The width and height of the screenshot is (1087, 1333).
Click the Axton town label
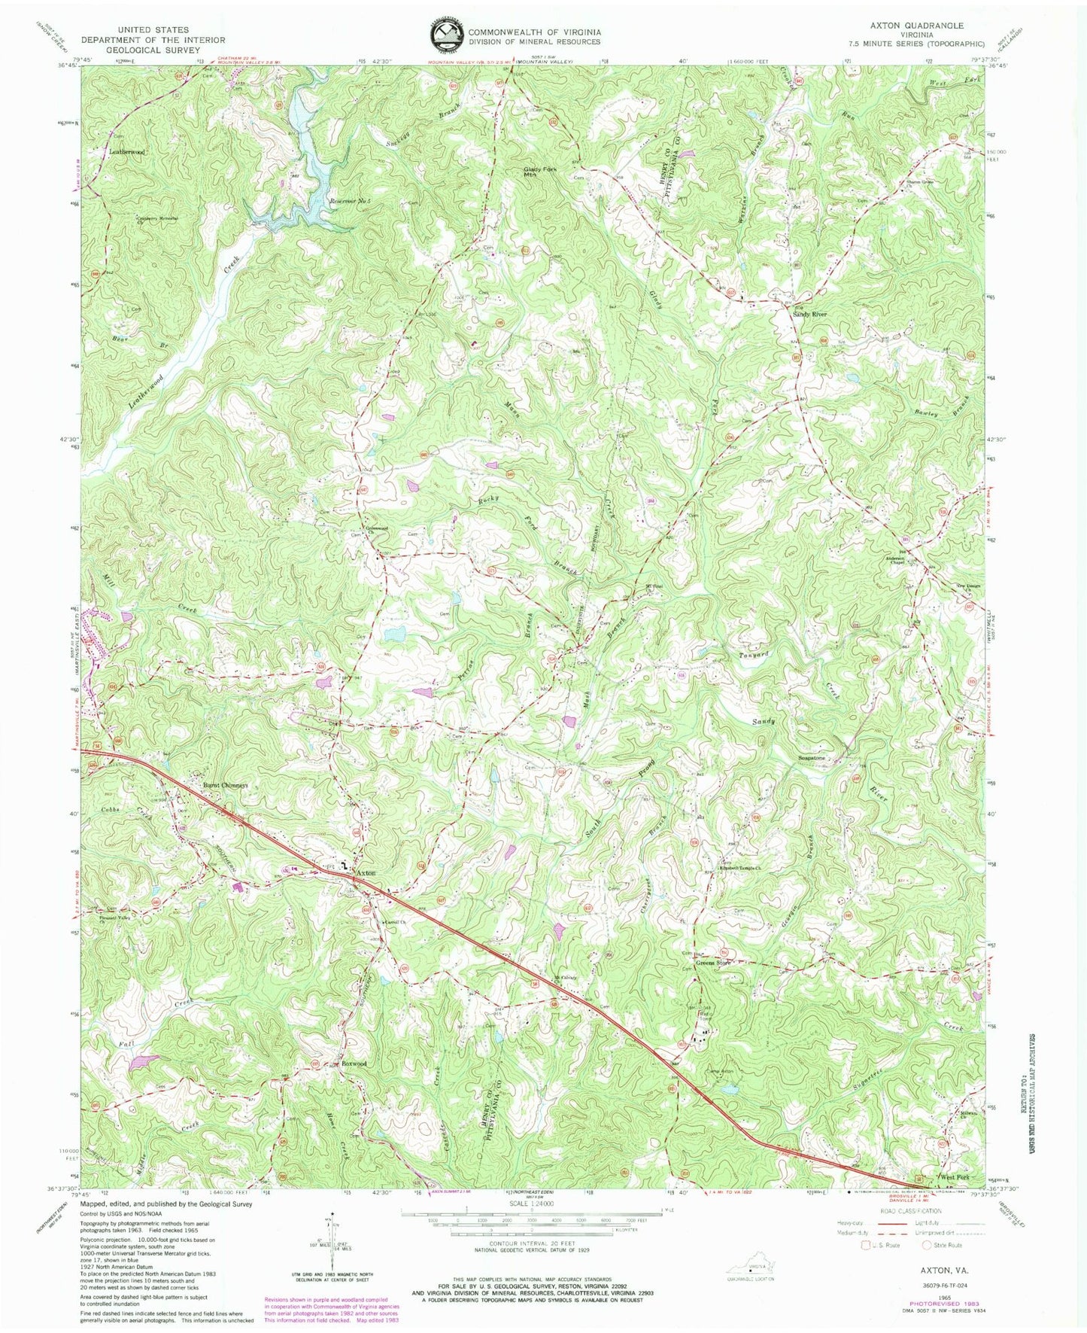pyautogui.click(x=365, y=872)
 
